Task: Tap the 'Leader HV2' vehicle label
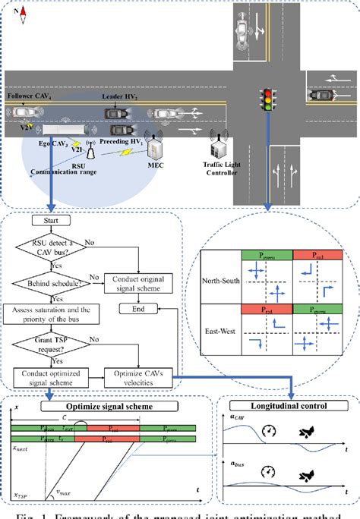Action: tap(122, 98)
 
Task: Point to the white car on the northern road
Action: tap(242, 31)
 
